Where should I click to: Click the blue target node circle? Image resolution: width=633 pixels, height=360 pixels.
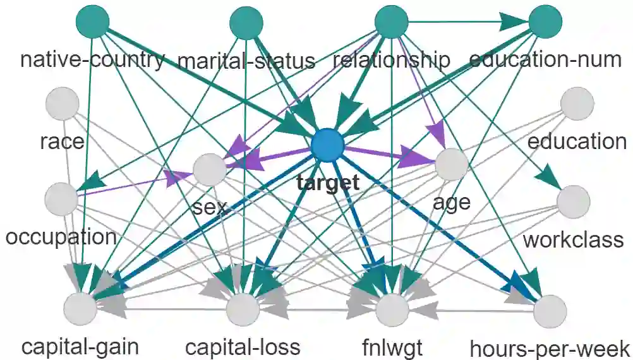coord(327,145)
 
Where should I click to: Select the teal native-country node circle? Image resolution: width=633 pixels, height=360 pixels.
coord(92,23)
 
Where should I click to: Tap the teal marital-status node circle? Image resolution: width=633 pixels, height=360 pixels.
coord(246,23)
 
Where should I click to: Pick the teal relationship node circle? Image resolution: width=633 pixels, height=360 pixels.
coord(391,23)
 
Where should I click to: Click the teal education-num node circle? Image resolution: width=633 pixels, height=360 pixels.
coord(545,23)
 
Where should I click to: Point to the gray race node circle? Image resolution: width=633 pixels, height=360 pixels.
coord(62,103)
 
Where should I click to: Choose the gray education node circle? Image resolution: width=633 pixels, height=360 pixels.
coord(577,103)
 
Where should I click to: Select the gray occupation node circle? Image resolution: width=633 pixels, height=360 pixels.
coord(62,198)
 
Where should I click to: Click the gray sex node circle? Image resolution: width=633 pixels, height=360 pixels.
coord(210,169)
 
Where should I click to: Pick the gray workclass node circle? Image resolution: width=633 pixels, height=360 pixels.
coord(574,201)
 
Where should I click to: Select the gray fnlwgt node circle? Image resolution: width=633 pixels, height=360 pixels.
coord(393,309)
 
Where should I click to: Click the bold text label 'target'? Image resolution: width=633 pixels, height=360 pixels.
coord(327,184)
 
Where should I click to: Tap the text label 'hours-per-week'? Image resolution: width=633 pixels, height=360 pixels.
coord(550,348)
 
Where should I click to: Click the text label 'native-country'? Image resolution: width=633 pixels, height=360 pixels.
coord(92,60)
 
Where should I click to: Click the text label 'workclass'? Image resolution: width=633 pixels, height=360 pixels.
coord(574,240)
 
